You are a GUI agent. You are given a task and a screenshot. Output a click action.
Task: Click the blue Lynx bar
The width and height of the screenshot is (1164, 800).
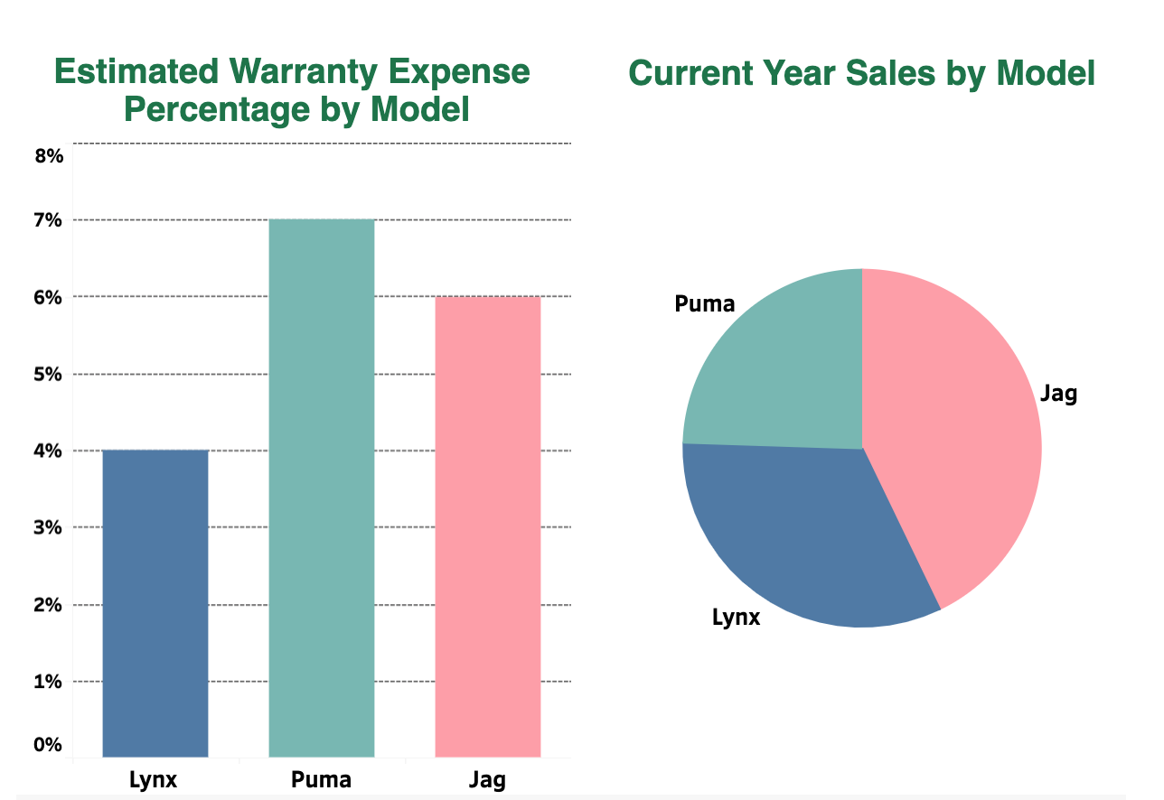(x=155, y=603)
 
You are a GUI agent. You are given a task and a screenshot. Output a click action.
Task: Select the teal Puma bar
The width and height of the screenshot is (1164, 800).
(x=322, y=488)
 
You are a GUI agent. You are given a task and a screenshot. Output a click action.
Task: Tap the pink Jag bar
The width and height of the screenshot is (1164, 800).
(x=488, y=526)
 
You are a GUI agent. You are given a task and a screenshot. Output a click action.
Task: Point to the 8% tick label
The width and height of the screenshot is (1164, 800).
(x=49, y=156)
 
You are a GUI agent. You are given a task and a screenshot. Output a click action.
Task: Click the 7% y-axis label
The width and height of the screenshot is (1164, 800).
(x=49, y=220)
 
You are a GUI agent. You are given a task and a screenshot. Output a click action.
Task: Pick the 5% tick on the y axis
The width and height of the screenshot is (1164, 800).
(x=49, y=374)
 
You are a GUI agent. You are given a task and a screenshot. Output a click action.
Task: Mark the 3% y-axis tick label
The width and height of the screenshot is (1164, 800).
(x=49, y=527)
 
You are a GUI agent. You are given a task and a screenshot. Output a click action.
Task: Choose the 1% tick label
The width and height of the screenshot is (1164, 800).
(x=49, y=682)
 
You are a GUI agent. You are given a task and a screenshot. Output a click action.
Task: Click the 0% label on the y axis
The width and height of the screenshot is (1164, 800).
(x=49, y=745)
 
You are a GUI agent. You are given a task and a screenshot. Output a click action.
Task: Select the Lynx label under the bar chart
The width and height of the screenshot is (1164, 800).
(x=155, y=780)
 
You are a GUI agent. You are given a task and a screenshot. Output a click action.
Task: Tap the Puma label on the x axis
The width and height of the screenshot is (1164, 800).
(x=322, y=780)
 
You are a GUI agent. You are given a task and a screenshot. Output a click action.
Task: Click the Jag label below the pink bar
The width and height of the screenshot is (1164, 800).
(x=488, y=780)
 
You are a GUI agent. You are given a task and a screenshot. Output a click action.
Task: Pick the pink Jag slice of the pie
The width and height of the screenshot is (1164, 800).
(x=958, y=433)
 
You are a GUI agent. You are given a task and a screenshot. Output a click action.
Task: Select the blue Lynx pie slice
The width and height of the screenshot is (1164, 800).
(x=795, y=533)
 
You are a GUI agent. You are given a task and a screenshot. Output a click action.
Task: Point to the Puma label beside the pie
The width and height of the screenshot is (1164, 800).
(x=705, y=304)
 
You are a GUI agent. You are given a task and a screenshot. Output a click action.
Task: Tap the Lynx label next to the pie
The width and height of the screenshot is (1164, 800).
(x=737, y=619)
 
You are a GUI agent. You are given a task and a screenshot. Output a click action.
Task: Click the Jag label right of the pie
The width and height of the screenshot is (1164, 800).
(x=1059, y=395)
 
